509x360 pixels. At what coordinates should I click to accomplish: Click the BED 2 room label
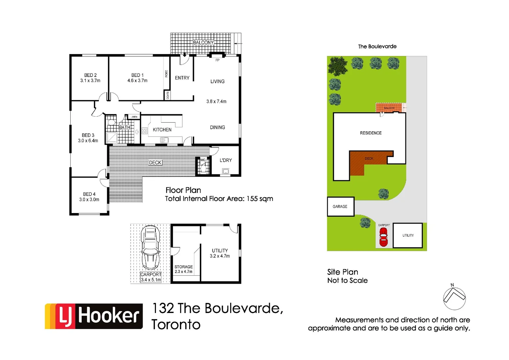[90, 75]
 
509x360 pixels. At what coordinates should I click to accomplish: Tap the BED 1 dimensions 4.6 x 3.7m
[137, 81]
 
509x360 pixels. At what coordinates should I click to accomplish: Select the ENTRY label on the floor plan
[182, 78]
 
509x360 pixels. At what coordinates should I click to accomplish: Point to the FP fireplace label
[217, 60]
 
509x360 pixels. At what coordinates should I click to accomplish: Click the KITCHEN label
[162, 130]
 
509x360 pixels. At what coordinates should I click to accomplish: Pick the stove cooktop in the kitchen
[145, 131]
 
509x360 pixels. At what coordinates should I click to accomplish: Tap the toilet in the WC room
[203, 166]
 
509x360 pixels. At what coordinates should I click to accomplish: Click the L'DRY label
[226, 160]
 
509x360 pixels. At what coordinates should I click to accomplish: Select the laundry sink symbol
[226, 171]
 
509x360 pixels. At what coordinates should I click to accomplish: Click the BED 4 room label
[89, 194]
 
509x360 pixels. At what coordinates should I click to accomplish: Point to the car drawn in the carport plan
[150, 247]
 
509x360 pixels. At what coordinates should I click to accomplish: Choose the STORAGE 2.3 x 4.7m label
[184, 269]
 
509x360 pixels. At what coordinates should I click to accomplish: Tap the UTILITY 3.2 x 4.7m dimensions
[220, 256]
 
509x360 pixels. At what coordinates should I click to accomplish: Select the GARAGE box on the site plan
[340, 207]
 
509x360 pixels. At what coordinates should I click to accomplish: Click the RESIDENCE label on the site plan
[371, 133]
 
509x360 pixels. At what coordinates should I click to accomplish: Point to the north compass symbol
[454, 297]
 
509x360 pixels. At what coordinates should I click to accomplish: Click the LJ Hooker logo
[94, 316]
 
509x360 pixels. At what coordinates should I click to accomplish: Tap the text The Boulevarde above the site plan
[377, 46]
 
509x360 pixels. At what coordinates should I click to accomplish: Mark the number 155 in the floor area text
[252, 199]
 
